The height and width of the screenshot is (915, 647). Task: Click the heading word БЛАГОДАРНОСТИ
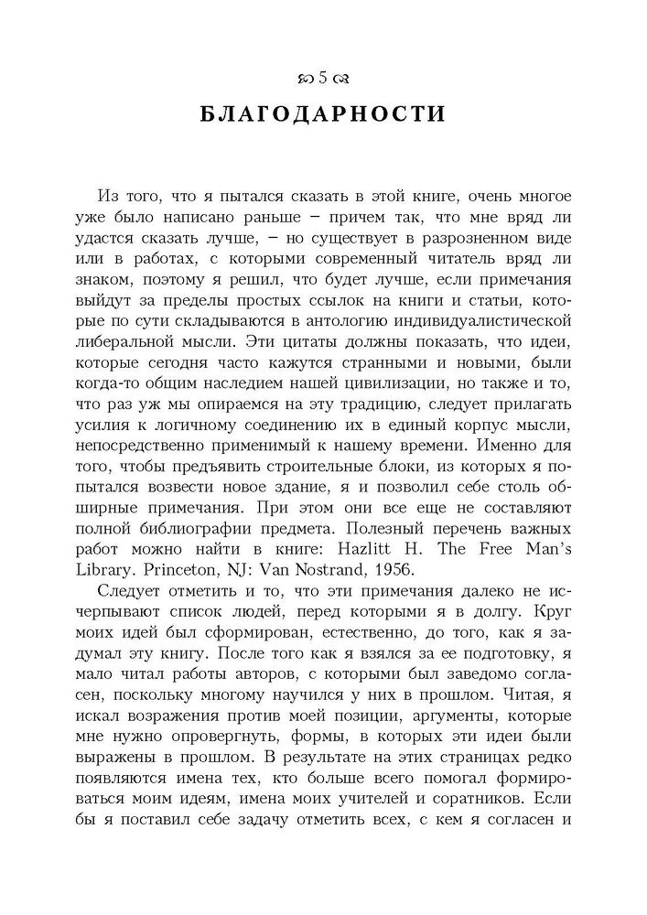322,115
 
